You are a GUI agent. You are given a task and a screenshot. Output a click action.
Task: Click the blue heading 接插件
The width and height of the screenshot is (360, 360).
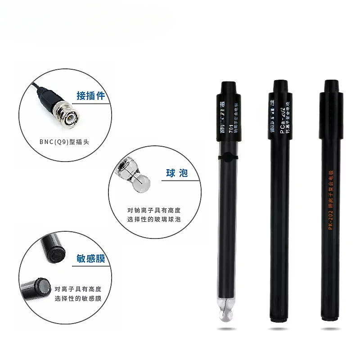pos(91,95)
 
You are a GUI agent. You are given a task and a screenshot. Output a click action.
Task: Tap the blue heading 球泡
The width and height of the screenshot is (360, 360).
pos(177,174)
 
